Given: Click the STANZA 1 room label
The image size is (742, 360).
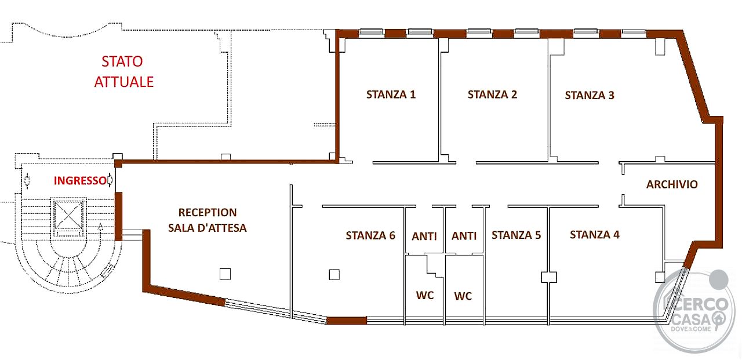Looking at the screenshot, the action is pos(391,94).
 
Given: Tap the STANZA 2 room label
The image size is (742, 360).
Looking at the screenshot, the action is pos(492,94).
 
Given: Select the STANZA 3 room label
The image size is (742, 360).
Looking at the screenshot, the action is pos(590,96).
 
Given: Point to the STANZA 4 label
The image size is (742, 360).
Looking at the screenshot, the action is pos(595,235).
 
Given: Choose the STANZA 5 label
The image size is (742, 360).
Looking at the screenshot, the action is pos(516,235).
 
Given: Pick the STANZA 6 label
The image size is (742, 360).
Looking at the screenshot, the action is pos(370,235).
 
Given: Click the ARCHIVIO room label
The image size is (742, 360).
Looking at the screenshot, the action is pos(672,184).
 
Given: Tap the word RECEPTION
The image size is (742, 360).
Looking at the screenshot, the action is pos(208,213).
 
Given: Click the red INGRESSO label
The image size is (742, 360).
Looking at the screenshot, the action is pos(80,181).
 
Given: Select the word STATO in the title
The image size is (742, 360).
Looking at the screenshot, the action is pos(122,61).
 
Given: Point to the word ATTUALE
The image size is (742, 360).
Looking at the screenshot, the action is pos(124,82).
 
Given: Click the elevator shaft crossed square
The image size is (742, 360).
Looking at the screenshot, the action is pos(68,215).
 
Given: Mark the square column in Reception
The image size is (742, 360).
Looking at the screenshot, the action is pos(225,274).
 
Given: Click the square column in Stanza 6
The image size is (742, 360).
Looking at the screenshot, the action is pos(334,275).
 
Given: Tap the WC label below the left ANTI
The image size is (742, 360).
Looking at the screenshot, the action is pos(425,295).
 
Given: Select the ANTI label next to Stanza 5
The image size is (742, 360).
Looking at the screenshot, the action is pos(464,236).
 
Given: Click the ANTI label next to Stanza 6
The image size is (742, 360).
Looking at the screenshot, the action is pos(424,237).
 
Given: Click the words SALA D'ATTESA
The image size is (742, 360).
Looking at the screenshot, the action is pos(208,228).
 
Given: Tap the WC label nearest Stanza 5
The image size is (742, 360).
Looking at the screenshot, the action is pos(463,296).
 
